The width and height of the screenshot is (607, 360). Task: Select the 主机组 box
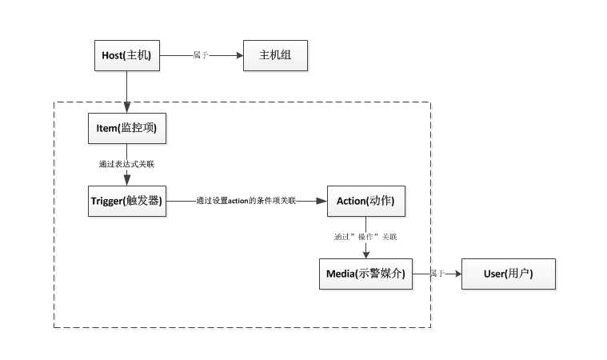pyautogui.click(x=274, y=56)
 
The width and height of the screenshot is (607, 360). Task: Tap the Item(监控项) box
pyautogui.click(x=127, y=128)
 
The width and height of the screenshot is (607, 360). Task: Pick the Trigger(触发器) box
pyautogui.click(x=127, y=201)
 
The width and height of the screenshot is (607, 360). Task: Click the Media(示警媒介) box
pyautogui.click(x=366, y=274)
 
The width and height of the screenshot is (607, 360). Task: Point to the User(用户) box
pyautogui.click(x=509, y=274)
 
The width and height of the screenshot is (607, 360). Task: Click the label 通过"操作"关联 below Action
pyautogui.click(x=365, y=237)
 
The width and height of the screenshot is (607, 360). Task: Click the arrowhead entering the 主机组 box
pyautogui.click(x=238, y=56)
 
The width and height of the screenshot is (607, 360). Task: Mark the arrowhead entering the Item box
pyautogui.click(x=127, y=109)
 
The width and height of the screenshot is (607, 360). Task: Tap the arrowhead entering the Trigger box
pyautogui.click(x=127, y=181)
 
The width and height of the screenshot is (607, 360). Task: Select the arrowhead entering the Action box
pyautogui.click(x=322, y=201)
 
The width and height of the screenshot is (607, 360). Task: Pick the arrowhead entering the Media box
pyautogui.click(x=366, y=254)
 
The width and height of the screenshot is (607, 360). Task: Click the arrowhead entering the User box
pyautogui.click(x=458, y=274)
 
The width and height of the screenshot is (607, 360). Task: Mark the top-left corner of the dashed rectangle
pyautogui.click(x=54, y=102)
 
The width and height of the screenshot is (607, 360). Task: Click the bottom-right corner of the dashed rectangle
pyautogui.click(x=430, y=327)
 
